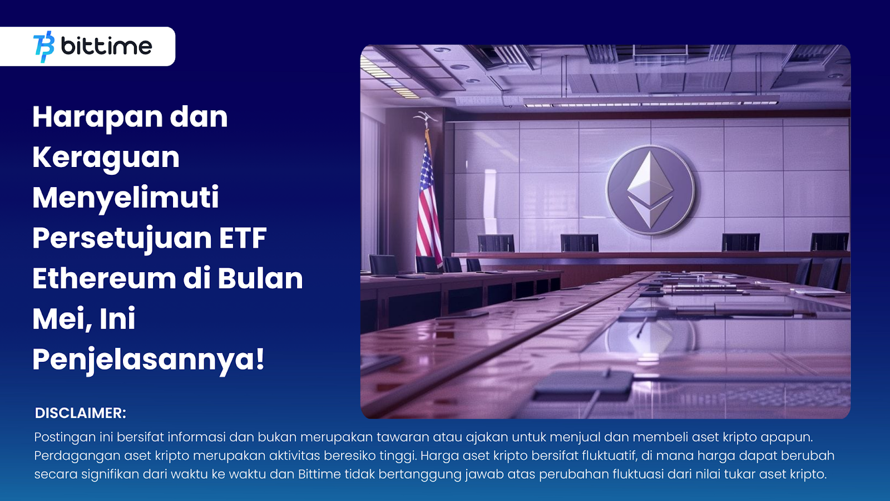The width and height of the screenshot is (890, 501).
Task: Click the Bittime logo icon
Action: (44, 47)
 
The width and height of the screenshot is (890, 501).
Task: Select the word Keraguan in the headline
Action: (106, 158)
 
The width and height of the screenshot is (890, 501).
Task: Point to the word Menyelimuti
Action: (126, 198)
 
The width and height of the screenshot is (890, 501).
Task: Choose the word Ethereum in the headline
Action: (104, 278)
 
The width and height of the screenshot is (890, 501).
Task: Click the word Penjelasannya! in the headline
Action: (149, 360)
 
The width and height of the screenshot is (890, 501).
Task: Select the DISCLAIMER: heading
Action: (81, 413)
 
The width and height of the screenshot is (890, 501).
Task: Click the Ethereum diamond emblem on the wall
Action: (650, 190)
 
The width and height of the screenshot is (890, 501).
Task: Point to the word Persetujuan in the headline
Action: (122, 239)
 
